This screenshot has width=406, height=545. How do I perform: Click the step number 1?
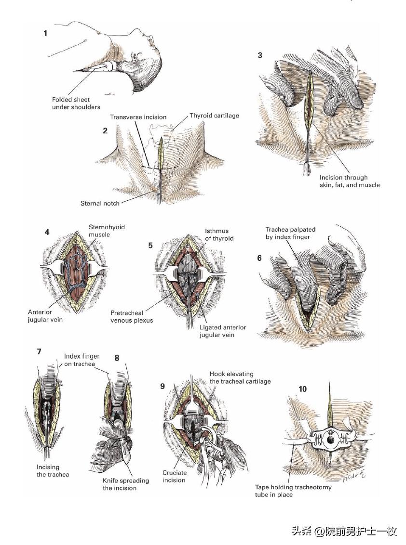45,34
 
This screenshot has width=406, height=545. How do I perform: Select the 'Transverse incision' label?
138,117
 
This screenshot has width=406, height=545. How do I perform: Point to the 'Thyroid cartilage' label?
214,116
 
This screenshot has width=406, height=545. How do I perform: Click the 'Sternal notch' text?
100,203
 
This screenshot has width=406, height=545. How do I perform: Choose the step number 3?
260,55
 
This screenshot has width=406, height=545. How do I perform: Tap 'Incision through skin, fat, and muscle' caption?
350,181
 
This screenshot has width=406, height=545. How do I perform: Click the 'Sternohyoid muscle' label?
103,231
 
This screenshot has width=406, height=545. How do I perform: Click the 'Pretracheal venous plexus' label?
131,316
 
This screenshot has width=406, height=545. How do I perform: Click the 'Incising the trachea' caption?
53,470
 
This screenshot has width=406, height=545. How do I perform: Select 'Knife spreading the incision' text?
126,484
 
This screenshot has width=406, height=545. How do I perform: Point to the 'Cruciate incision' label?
174,477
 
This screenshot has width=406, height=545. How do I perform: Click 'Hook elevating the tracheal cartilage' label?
240,377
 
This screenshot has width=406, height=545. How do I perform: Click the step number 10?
303,389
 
